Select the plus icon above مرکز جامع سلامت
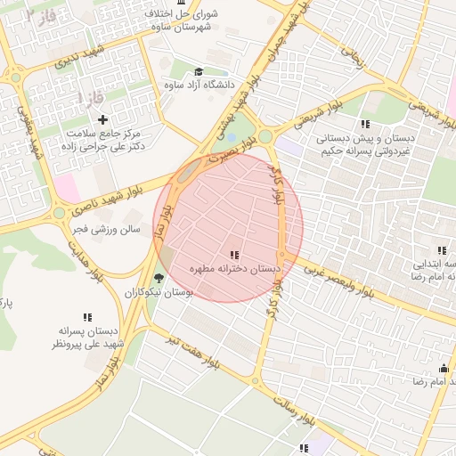click(x=102, y=118)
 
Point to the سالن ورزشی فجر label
click(x=106, y=229)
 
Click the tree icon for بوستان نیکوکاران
click(x=159, y=277)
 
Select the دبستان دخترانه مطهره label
click(x=234, y=268)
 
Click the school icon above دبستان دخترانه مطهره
click(x=234, y=255)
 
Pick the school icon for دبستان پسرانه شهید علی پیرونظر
click(x=87, y=317)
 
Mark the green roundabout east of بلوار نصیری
click(x=265, y=136)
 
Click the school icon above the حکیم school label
click(x=363, y=124)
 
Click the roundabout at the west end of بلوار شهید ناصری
click(x=59, y=213)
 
